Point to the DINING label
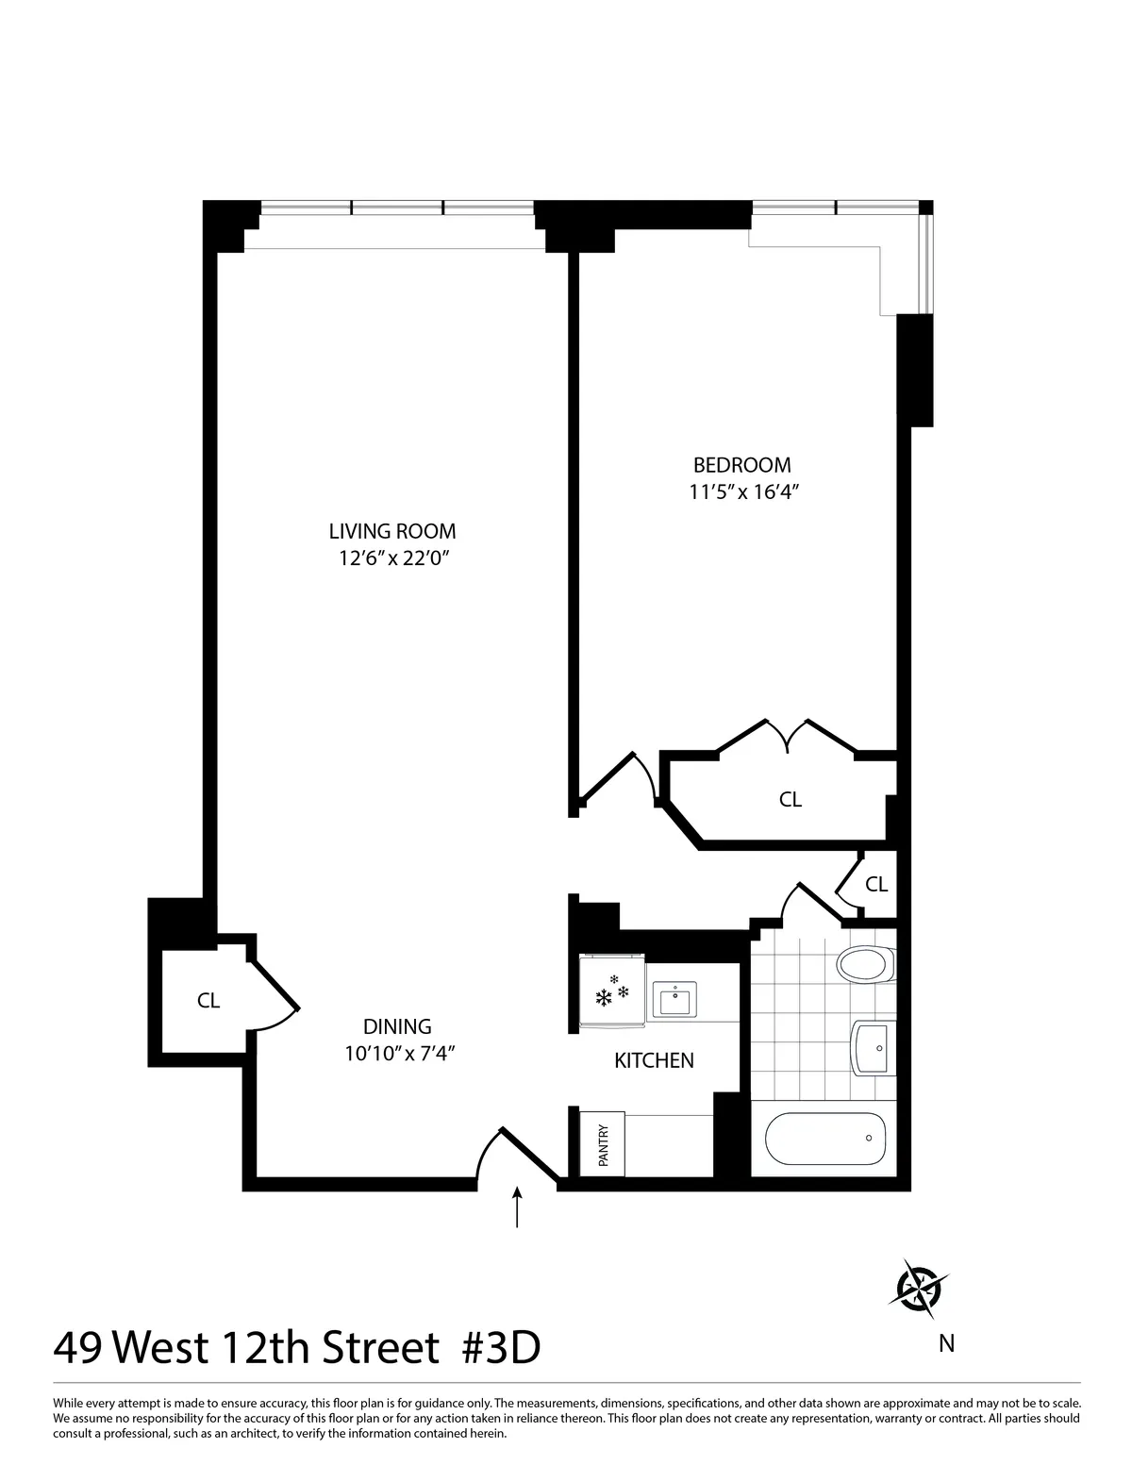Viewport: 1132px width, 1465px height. coord(397,1026)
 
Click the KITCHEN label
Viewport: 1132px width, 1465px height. coord(654,1060)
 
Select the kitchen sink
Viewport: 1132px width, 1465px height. coord(675,998)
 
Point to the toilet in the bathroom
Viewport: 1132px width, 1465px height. coord(864,964)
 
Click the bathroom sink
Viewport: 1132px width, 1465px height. coord(873,1047)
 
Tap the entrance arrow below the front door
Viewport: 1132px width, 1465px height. coord(518,1207)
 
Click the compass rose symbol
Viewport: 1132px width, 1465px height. coord(918,1285)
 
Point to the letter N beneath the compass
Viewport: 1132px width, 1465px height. coord(946,1343)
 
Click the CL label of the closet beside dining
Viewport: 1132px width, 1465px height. coord(208,1002)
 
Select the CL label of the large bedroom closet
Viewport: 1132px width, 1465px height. coord(790,799)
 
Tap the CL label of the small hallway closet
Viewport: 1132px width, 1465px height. coord(876,884)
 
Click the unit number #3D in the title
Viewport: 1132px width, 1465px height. coord(500,1349)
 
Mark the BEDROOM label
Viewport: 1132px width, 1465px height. coord(741,465)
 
